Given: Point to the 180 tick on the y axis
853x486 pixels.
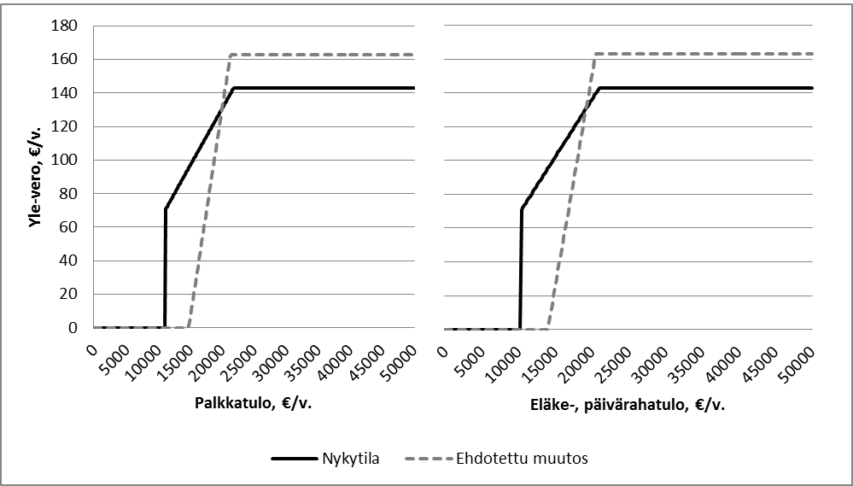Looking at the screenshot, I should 67,26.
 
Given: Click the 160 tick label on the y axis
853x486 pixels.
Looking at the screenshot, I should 67,59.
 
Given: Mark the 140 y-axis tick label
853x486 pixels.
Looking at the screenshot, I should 67,92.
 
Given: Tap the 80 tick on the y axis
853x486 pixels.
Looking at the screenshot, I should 71,193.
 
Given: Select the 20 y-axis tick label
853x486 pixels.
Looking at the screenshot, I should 71,294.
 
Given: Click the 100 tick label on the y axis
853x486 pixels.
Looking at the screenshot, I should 67,160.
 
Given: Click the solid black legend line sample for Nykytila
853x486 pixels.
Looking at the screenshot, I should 295,459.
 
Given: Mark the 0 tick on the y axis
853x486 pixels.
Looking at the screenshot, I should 74,327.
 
